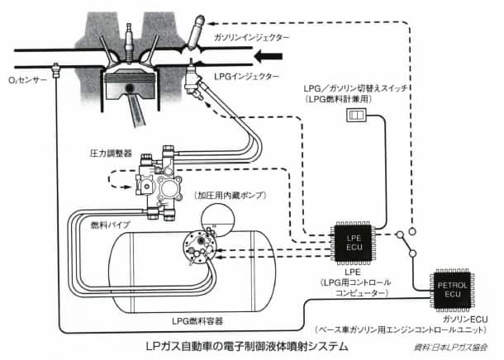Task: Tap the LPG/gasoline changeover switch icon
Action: coord(355,117)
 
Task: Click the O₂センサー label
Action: coord(27,81)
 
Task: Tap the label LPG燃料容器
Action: coord(196,320)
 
